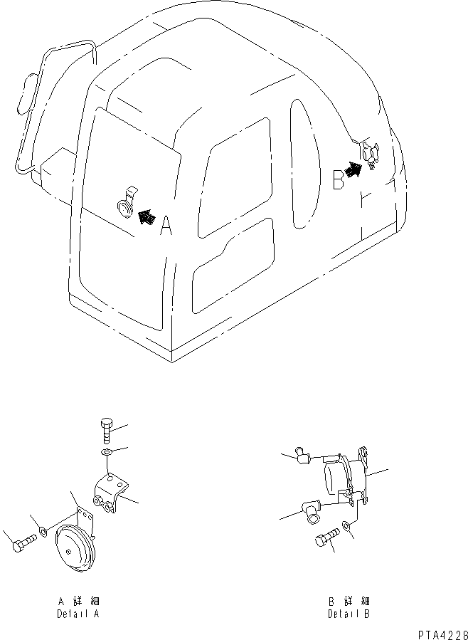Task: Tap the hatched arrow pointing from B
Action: pos(353,169)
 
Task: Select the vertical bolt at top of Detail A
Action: pos(105,431)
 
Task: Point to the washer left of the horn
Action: pos(43,530)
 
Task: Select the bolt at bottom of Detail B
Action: pos(324,539)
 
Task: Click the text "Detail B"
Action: pos(349,613)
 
